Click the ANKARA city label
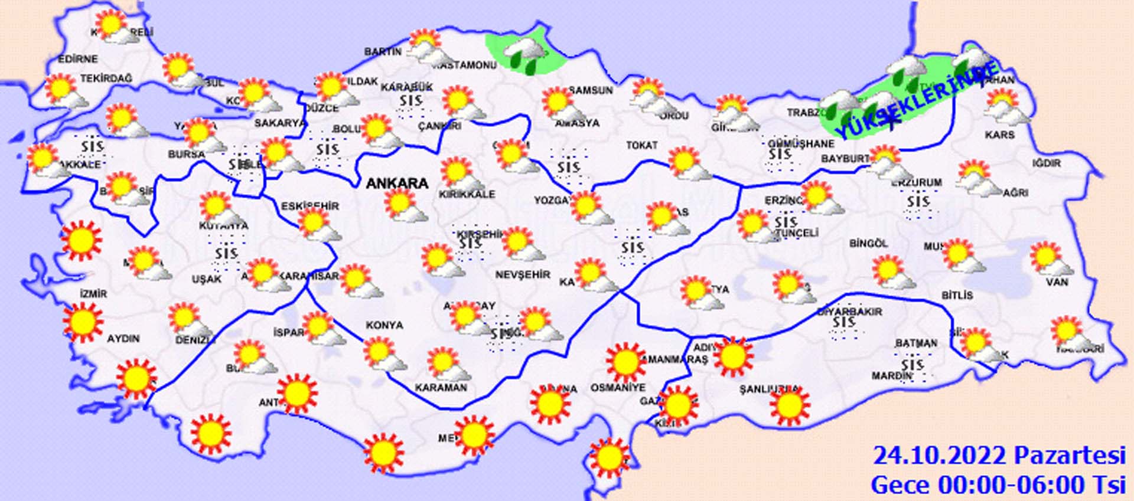(397, 184)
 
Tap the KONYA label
(384, 325)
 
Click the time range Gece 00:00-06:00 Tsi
(998, 485)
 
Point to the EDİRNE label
(77, 59)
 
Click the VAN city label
(1057, 282)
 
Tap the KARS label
(999, 135)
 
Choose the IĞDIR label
(1047, 163)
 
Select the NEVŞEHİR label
(523, 275)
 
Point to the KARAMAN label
(441, 388)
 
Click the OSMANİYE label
(618, 388)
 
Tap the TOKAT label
(642, 145)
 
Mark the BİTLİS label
(957, 295)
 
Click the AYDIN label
(123, 339)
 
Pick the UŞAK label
(207, 279)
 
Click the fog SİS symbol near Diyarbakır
(845, 323)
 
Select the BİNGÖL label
(868, 243)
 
